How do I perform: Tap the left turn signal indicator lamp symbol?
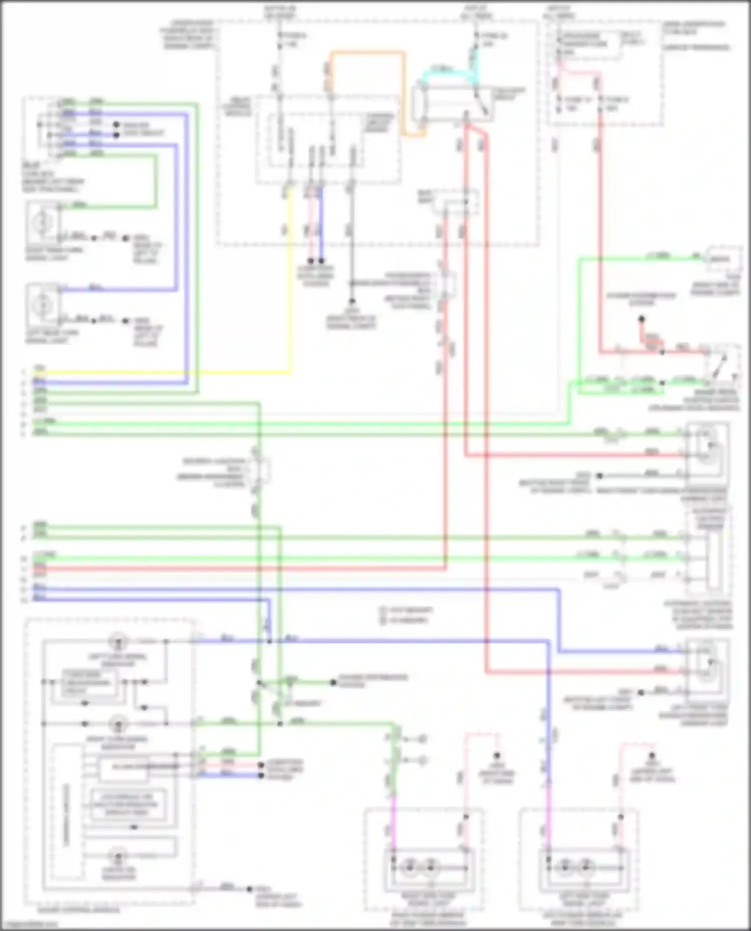[x=118, y=641]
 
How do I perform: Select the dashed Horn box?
[x=723, y=259]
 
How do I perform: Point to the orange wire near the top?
[x=368, y=52]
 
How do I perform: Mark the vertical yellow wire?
[x=289, y=280]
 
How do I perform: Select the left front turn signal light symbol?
[x=707, y=664]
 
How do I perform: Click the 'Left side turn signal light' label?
[x=580, y=899]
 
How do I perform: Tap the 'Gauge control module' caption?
[x=72, y=909]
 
